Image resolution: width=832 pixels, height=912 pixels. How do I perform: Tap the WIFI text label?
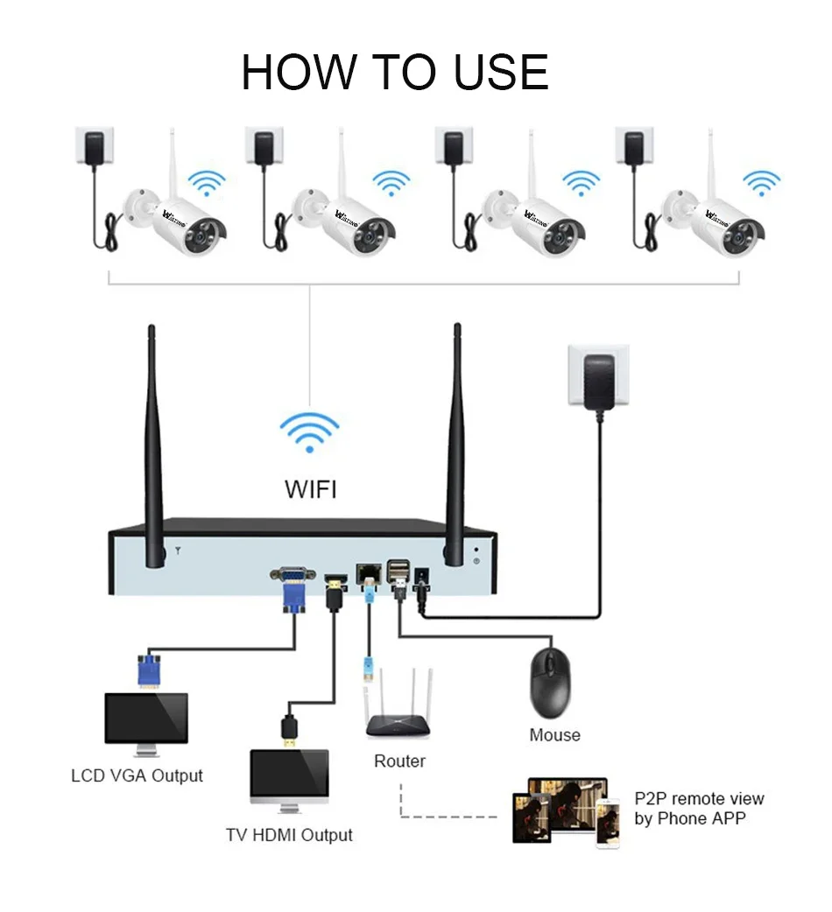[310, 488]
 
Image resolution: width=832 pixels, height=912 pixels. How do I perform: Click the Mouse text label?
[554, 735]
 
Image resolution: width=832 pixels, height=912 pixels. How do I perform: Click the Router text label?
[399, 761]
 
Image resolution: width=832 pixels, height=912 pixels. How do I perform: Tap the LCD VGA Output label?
[137, 775]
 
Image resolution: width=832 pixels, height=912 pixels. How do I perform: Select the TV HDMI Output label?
[289, 835]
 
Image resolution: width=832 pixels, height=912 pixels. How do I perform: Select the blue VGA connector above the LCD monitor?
[149, 671]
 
